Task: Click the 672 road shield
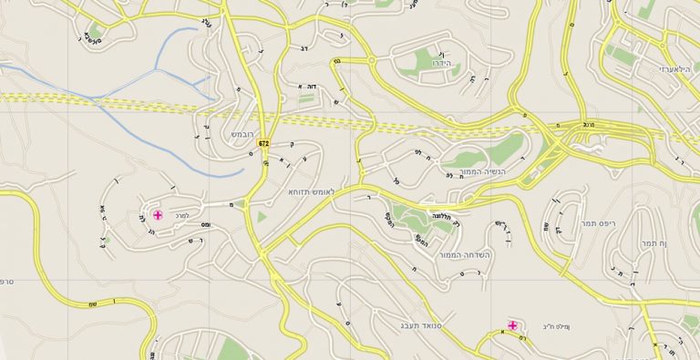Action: (263, 144)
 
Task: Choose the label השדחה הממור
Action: (463, 255)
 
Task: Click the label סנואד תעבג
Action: (421, 324)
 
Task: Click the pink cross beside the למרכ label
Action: (158, 215)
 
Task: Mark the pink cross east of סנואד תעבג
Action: (512, 325)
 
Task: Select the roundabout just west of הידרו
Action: (372, 61)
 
